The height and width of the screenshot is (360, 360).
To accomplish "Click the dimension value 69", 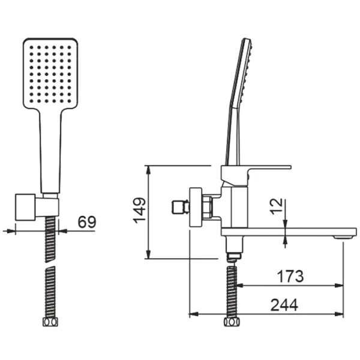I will click(87, 221).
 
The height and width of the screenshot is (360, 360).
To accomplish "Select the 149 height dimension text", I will click(139, 211).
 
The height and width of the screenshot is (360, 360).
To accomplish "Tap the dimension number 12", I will click(275, 207).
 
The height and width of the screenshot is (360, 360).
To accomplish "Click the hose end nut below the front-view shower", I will click(50, 323).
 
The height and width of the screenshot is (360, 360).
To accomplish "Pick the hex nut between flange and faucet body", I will click(207, 208).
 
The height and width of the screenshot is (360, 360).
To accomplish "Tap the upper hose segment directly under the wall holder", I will click(50, 235).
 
